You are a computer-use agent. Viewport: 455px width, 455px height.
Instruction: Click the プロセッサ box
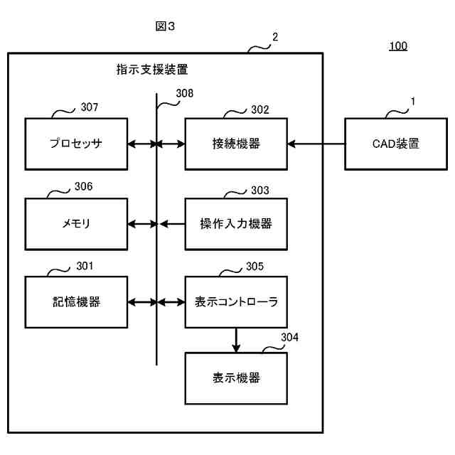[x=76, y=144]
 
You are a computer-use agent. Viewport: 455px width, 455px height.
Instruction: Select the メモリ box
[x=76, y=224]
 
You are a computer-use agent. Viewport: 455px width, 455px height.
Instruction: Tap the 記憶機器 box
[x=76, y=302]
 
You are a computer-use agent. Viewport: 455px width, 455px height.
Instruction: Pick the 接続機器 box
[x=236, y=144]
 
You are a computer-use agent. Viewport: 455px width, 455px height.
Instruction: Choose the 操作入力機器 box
[x=236, y=224]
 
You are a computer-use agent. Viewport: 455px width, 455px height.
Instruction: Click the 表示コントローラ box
[x=236, y=302]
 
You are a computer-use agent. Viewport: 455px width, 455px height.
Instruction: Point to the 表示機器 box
[x=236, y=378]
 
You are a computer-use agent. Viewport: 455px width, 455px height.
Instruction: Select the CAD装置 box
[x=396, y=144]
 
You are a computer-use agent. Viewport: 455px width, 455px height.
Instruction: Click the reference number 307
[x=90, y=107]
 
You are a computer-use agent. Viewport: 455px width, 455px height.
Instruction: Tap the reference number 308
[x=185, y=93]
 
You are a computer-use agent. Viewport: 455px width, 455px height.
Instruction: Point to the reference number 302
[x=260, y=109]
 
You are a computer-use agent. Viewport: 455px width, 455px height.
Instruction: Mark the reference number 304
[x=289, y=337]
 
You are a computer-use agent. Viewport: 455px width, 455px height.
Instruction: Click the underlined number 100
[x=398, y=45]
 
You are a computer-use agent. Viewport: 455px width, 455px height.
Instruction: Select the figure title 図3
[x=165, y=26]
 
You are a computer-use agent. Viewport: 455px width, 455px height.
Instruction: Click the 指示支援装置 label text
[x=152, y=70]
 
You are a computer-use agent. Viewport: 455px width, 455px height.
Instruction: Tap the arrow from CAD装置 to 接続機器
[x=316, y=144]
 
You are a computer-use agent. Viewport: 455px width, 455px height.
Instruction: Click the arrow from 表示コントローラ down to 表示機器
[x=236, y=341]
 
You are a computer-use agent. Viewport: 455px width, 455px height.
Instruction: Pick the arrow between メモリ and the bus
[x=142, y=224]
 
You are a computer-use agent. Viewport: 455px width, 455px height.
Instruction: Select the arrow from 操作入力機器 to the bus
[x=172, y=224]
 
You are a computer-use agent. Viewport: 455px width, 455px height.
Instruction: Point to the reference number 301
[x=85, y=266]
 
